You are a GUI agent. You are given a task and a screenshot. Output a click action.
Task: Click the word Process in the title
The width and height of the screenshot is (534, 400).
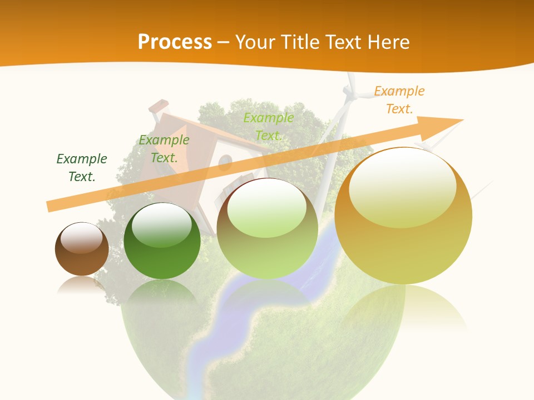pyautogui.click(x=175, y=42)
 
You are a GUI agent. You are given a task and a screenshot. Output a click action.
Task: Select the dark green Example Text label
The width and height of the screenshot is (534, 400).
pyautogui.click(x=81, y=167)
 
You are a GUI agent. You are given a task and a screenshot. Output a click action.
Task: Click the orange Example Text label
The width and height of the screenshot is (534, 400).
pyautogui.click(x=399, y=100)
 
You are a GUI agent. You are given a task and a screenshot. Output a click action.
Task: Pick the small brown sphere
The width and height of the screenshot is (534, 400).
pyautogui.click(x=82, y=249)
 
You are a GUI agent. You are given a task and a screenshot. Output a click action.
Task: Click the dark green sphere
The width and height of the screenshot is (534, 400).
pyautogui.click(x=162, y=242)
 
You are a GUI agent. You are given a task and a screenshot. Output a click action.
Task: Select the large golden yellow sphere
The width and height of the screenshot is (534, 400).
pyautogui.click(x=403, y=217)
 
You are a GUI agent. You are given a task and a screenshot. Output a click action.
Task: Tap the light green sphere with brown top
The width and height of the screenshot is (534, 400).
pyautogui.click(x=267, y=229)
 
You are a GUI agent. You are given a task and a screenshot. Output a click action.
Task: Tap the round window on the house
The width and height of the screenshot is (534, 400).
pyautogui.click(x=225, y=162)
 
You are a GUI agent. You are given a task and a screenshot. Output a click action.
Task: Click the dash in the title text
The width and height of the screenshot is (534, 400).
pyautogui.click(x=224, y=42)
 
